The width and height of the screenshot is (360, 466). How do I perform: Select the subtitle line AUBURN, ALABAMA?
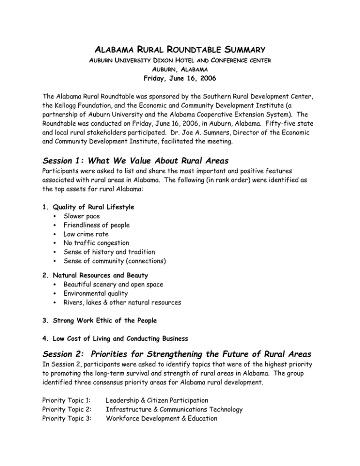(180, 62)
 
